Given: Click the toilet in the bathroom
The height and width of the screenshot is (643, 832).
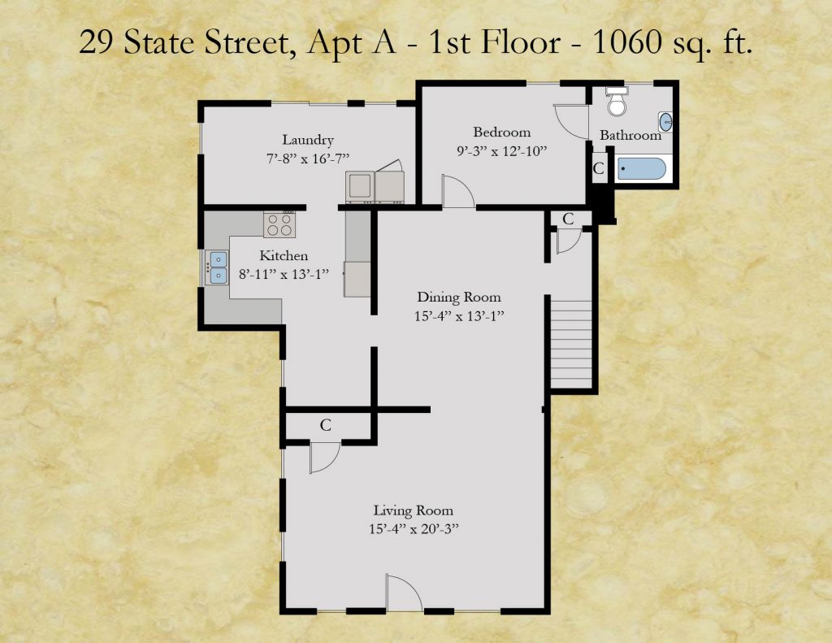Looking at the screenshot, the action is pyautogui.click(x=617, y=101).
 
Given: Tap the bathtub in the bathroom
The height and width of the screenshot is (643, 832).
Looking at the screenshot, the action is pyautogui.click(x=641, y=168).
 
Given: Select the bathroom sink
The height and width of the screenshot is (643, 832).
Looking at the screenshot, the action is pyautogui.click(x=665, y=122).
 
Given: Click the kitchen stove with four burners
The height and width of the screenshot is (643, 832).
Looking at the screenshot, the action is pyautogui.click(x=279, y=224).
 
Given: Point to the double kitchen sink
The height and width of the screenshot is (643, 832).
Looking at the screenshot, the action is pyautogui.click(x=218, y=267).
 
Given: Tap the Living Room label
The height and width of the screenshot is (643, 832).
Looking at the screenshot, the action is pyautogui.click(x=414, y=510).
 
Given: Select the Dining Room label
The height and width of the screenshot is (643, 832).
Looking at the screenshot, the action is pyautogui.click(x=459, y=298).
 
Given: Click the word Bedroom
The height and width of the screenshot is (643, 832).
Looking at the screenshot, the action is pyautogui.click(x=501, y=132).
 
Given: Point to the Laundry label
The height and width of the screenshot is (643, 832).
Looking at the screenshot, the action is pyautogui.click(x=308, y=140).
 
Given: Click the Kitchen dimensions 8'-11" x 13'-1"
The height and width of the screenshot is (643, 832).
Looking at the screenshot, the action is pyautogui.click(x=284, y=274).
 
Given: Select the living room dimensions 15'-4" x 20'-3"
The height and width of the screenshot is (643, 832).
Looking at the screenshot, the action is pyautogui.click(x=414, y=529).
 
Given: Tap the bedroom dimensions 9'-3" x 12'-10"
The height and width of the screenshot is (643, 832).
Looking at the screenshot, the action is pyautogui.click(x=502, y=151).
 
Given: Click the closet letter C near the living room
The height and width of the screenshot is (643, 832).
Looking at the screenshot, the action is pyautogui.click(x=325, y=425).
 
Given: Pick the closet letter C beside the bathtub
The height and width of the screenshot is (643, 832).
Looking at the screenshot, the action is pyautogui.click(x=599, y=169).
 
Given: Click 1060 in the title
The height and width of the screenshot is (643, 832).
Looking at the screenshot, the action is pyautogui.click(x=626, y=42).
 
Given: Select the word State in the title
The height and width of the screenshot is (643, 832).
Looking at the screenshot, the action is pyautogui.click(x=160, y=42).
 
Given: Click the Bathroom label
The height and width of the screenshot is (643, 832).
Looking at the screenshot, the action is pyautogui.click(x=630, y=136).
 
